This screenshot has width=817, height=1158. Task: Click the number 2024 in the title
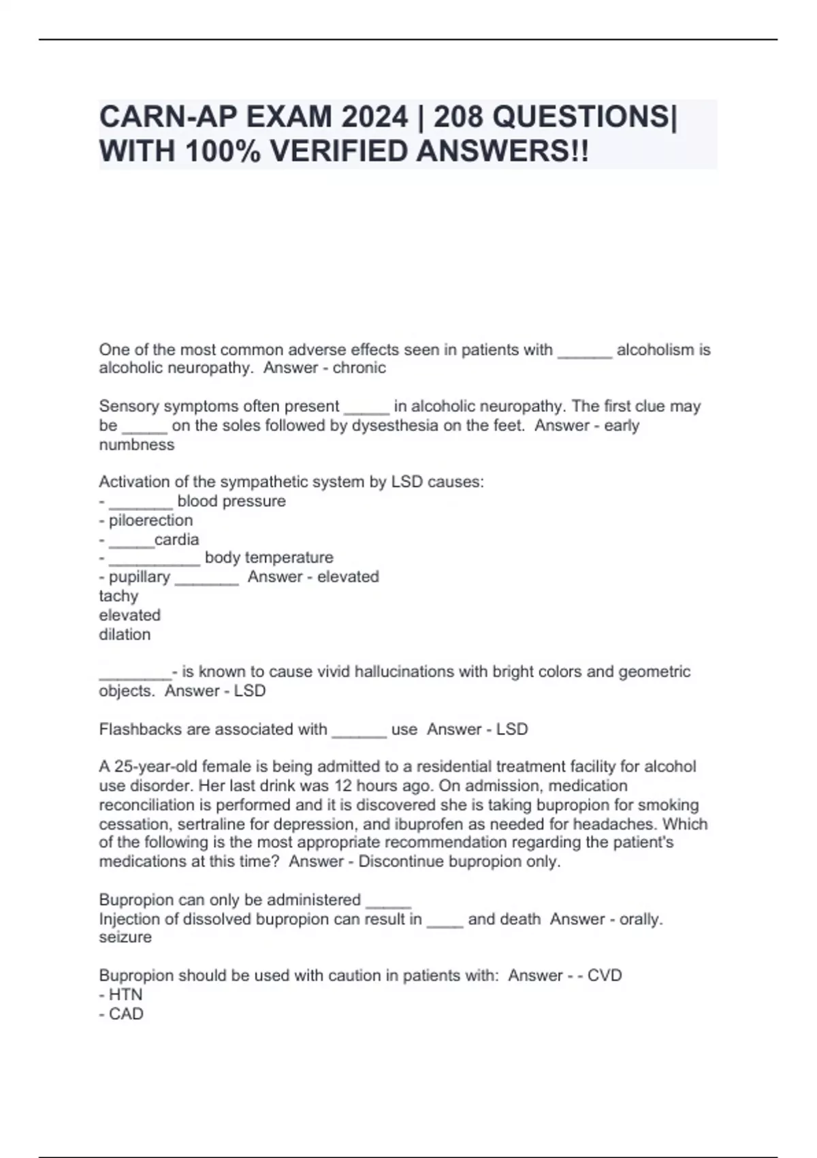tap(374, 117)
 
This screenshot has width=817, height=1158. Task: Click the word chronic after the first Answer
tap(359, 368)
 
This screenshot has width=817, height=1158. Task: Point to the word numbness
tap(137, 445)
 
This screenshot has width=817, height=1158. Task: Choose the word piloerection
tap(150, 520)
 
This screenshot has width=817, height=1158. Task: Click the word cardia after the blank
tap(177, 539)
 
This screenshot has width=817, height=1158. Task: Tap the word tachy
tap(118, 596)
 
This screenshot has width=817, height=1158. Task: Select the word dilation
tap(125, 634)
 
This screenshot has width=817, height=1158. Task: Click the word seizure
tap(125, 937)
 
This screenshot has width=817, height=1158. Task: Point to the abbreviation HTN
tap(125, 995)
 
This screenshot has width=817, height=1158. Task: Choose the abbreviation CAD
tap(126, 1014)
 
